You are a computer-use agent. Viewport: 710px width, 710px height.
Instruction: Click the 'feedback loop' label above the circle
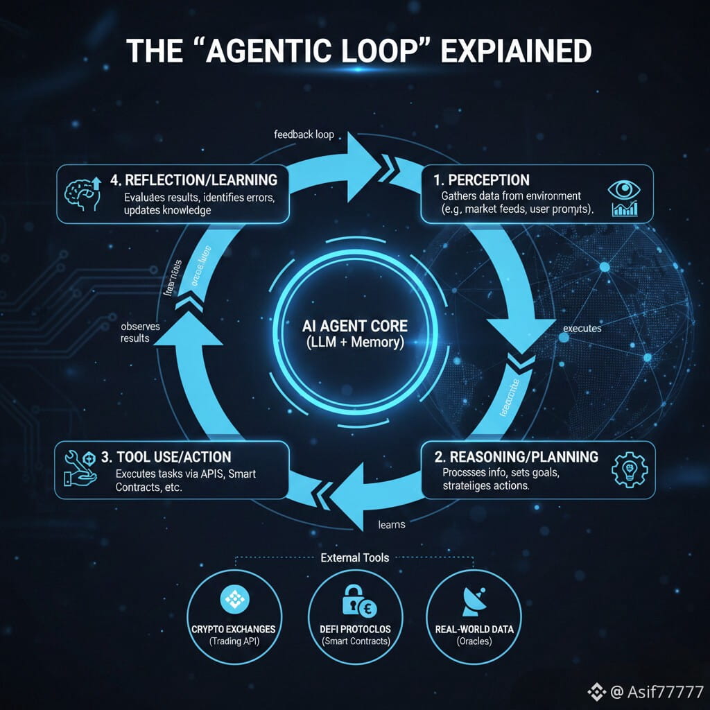(x=304, y=134)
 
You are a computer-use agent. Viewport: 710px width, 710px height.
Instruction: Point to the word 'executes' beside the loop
(x=582, y=329)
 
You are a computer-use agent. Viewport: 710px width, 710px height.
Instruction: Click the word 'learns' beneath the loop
(x=392, y=524)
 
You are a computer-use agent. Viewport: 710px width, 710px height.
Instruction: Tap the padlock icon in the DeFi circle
(x=352, y=601)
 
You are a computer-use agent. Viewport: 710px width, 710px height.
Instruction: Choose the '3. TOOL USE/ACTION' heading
(x=166, y=458)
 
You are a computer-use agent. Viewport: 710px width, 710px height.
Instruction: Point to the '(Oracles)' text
(x=474, y=641)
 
